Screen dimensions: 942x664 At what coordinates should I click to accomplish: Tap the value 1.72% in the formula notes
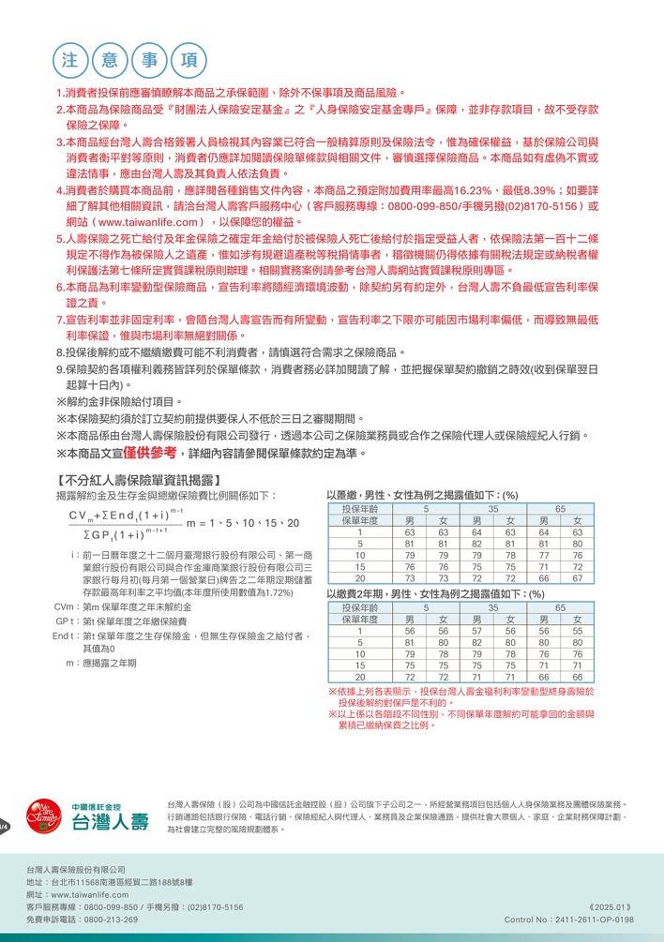[x=279, y=592]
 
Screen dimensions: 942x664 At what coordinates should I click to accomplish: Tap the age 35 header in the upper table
[x=492, y=508]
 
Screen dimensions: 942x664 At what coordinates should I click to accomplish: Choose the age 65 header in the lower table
[x=560, y=607]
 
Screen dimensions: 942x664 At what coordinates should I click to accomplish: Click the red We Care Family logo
[x=39, y=817]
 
